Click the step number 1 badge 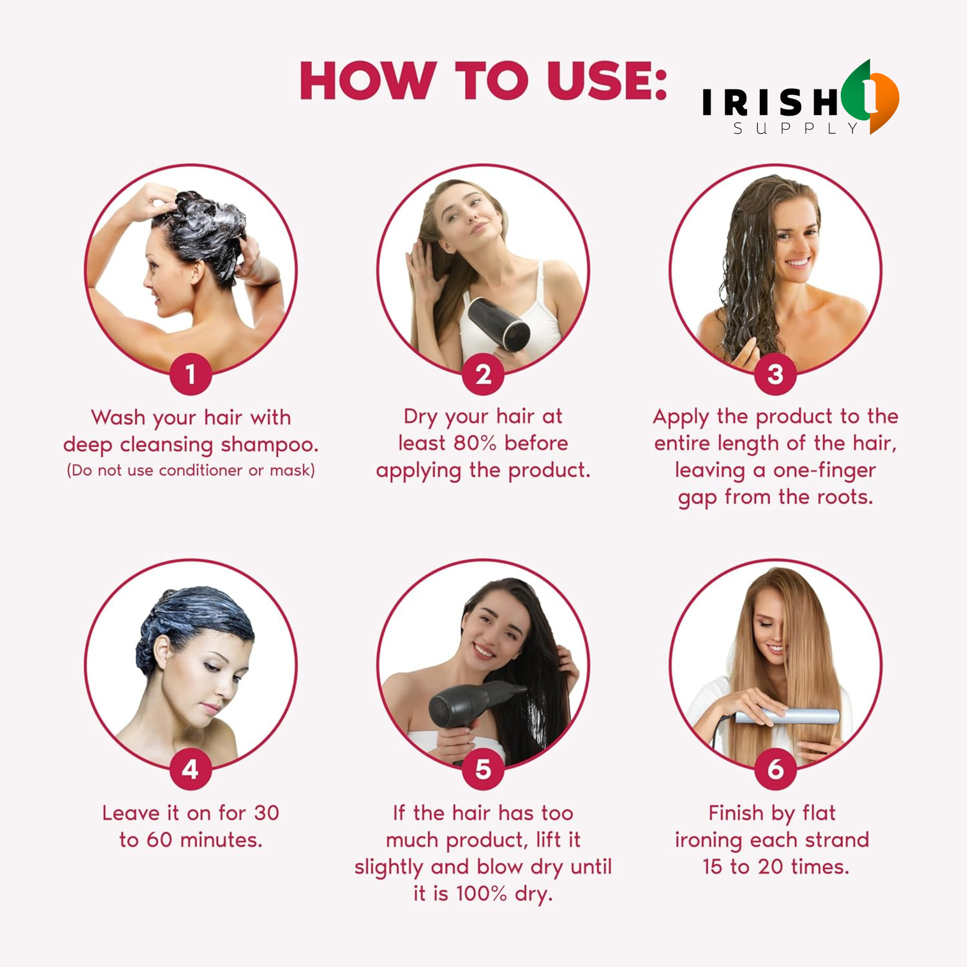[190, 374]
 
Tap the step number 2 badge [483, 374]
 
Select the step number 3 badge [775, 374]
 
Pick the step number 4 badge [190, 769]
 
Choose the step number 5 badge [483, 769]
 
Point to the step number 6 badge [775, 769]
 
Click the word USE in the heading [607, 81]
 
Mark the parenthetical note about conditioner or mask [191, 471]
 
